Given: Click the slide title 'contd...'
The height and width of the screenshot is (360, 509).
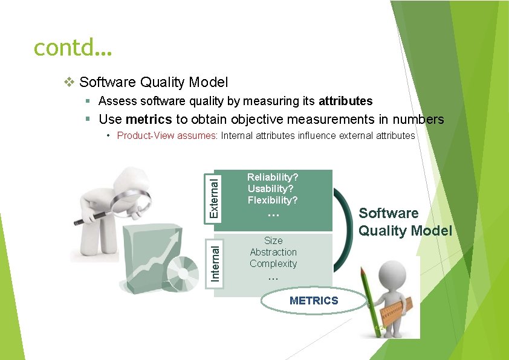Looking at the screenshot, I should tap(73, 47).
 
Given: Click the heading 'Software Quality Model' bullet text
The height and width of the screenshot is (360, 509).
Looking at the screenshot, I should tap(154, 82).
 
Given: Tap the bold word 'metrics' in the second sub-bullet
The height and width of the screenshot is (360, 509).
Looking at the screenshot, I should tap(149, 120).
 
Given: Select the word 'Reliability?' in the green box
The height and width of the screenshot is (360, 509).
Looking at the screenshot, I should tap(273, 178).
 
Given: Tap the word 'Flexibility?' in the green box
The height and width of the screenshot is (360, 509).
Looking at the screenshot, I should tap(273, 200).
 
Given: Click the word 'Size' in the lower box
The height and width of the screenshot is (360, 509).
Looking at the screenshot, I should tap(273, 240).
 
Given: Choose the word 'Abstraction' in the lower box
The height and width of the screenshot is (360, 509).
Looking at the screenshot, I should tap(273, 252).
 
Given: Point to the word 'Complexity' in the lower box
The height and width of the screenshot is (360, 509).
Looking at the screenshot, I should tap(273, 263).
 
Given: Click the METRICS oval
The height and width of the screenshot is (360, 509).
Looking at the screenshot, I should tap(314, 301).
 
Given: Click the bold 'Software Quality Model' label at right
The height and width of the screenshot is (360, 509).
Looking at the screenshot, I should tap(405, 222).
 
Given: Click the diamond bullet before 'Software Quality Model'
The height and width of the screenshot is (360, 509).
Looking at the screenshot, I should tap(70, 82).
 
